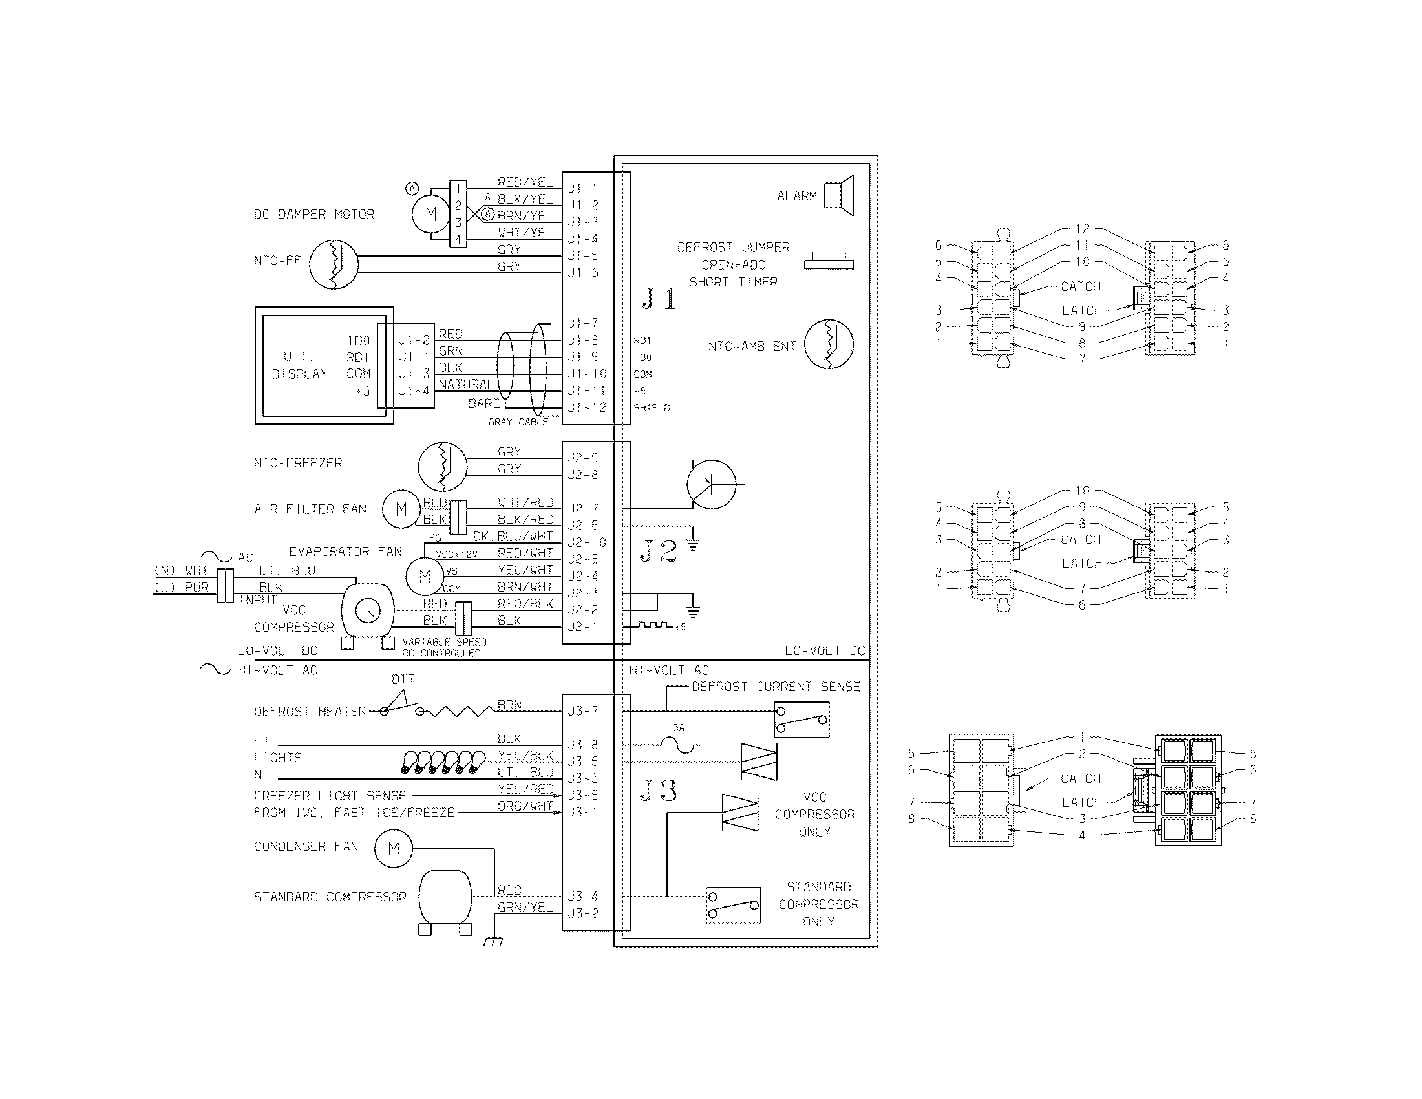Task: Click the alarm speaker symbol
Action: pyautogui.click(x=839, y=195)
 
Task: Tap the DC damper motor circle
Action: pyautogui.click(x=430, y=214)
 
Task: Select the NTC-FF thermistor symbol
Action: pyautogui.click(x=334, y=264)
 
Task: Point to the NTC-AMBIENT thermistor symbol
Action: pyautogui.click(x=829, y=345)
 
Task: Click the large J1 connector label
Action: pyautogui.click(x=659, y=299)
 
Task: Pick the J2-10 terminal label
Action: pyautogui.click(x=587, y=542)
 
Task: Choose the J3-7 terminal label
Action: pyautogui.click(x=583, y=711)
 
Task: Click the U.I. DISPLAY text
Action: pyautogui.click(x=299, y=365)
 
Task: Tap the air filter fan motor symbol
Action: pyautogui.click(x=401, y=509)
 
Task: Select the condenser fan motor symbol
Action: pyautogui.click(x=393, y=849)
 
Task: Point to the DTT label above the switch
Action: pyautogui.click(x=403, y=679)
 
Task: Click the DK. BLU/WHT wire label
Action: pyautogui.click(x=513, y=536)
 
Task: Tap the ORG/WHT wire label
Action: pyautogui.click(x=525, y=806)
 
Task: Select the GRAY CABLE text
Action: pyautogui.click(x=518, y=422)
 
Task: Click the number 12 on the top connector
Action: pyautogui.click(x=1082, y=229)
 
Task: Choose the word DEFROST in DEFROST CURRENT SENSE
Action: pyautogui.click(x=719, y=687)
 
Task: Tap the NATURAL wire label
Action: pyautogui.click(x=466, y=385)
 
